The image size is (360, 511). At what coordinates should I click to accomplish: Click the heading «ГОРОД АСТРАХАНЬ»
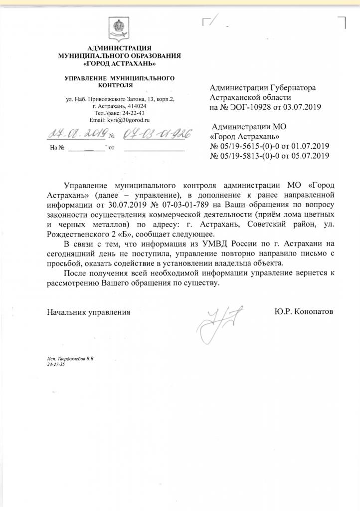click(x=119, y=64)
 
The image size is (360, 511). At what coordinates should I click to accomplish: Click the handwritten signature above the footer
click(x=219, y=320)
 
